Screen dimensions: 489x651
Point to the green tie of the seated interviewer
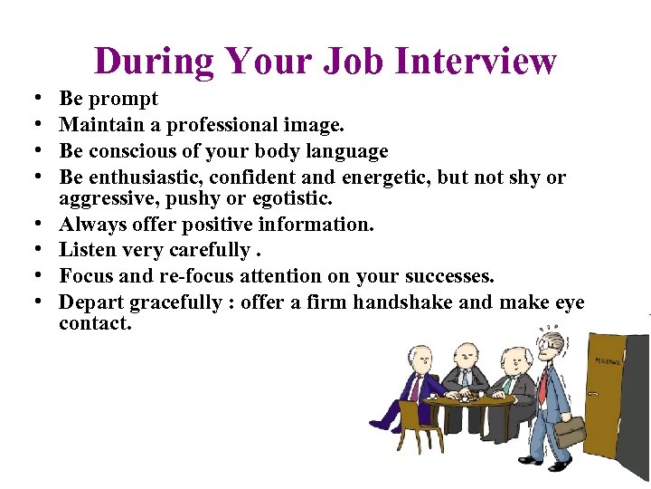[509, 384]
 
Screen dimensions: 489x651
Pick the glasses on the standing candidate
[545, 343]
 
